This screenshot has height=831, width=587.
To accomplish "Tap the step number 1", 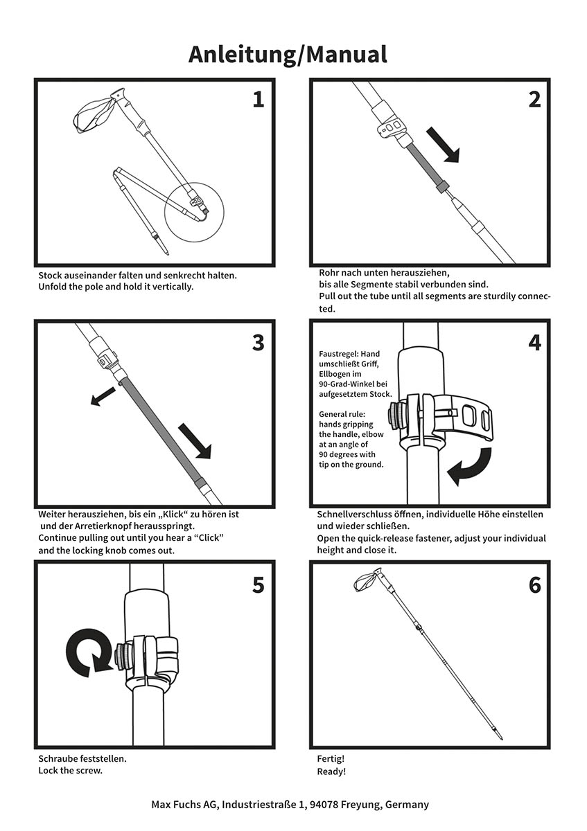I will pos(258,100).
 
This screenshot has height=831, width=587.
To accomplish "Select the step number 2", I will pos(534,100).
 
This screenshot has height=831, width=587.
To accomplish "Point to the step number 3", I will pos(258,342).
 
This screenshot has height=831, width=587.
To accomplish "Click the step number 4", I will pos(534,342).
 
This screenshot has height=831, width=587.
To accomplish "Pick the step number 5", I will pos(258,585).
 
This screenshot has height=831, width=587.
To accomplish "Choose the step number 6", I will pos(534,585).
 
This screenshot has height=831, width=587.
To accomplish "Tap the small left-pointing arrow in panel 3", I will pos(103,397).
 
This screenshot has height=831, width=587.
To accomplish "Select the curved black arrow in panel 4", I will pos(471,467).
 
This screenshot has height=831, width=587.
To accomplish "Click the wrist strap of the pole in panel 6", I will pos(367,580).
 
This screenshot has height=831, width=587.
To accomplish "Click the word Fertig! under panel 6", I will pos(331,759).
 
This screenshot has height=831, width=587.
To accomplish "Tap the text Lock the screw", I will pos(70,771).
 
